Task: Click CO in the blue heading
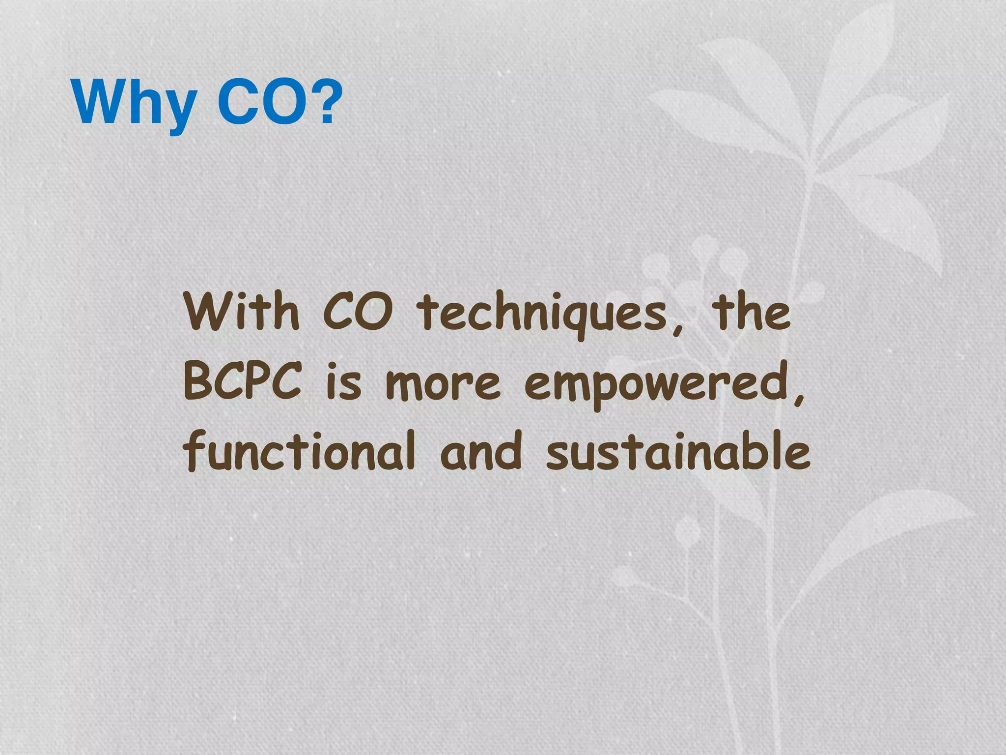[260, 102]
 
